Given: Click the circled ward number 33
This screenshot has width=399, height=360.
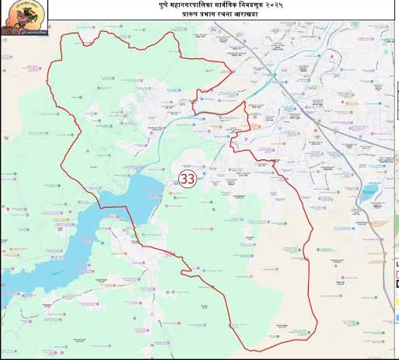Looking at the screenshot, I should (187, 178).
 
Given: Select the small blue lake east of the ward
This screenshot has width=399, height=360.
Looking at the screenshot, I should (369, 191).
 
